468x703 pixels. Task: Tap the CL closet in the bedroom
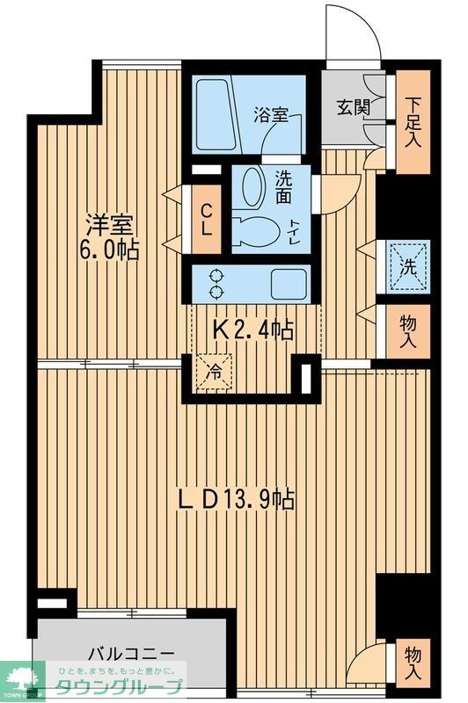pos(205,217)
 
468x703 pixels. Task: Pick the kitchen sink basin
pos(288,283)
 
